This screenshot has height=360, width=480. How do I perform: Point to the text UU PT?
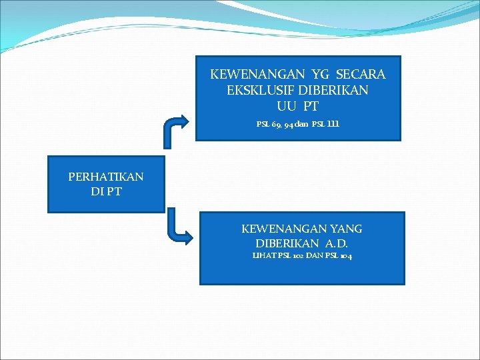point(298,105)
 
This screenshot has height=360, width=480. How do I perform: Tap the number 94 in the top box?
point(289,125)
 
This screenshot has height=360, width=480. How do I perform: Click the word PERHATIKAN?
point(106,177)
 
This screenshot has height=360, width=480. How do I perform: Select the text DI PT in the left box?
point(106,192)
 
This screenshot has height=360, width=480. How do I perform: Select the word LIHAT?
point(263,257)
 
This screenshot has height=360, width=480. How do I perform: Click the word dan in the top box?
point(303,125)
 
